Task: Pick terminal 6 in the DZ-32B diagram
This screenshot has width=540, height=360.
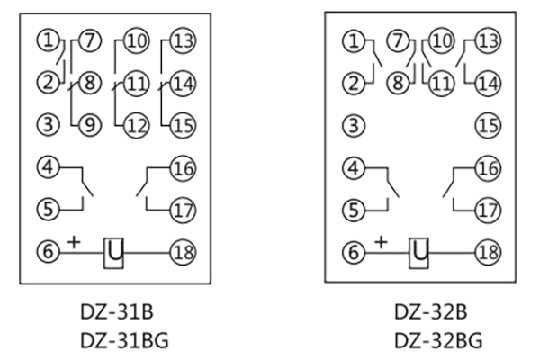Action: [355, 249]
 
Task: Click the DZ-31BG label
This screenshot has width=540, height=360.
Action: [115, 342]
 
